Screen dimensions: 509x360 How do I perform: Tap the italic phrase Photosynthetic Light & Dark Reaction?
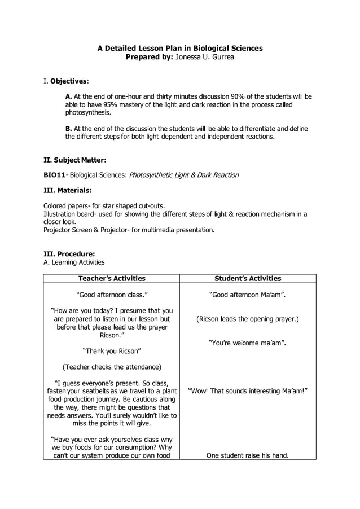coord(184,175)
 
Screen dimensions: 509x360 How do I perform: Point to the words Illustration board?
coord(67,214)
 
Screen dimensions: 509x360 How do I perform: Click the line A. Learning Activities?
coord(74,262)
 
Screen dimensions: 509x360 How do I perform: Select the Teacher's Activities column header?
coord(111,278)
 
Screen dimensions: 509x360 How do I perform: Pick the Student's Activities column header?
coord(248,278)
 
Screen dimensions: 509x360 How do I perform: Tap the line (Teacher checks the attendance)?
coord(111,367)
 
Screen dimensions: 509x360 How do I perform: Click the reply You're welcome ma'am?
coord(248,343)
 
